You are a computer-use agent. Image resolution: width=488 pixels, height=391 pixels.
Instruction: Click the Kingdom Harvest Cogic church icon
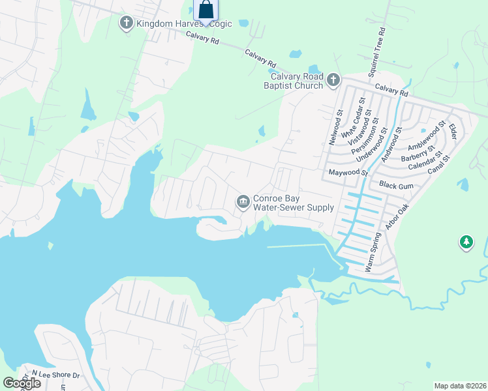coord(126,24)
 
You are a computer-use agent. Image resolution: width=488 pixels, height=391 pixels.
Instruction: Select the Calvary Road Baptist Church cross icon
coord(333,80)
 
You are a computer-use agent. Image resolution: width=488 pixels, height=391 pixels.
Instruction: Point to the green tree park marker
coord(466,243)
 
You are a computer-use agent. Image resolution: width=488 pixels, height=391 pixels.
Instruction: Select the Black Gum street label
coord(397,186)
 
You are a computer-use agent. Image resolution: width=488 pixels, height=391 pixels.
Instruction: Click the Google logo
coord(22,383)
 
